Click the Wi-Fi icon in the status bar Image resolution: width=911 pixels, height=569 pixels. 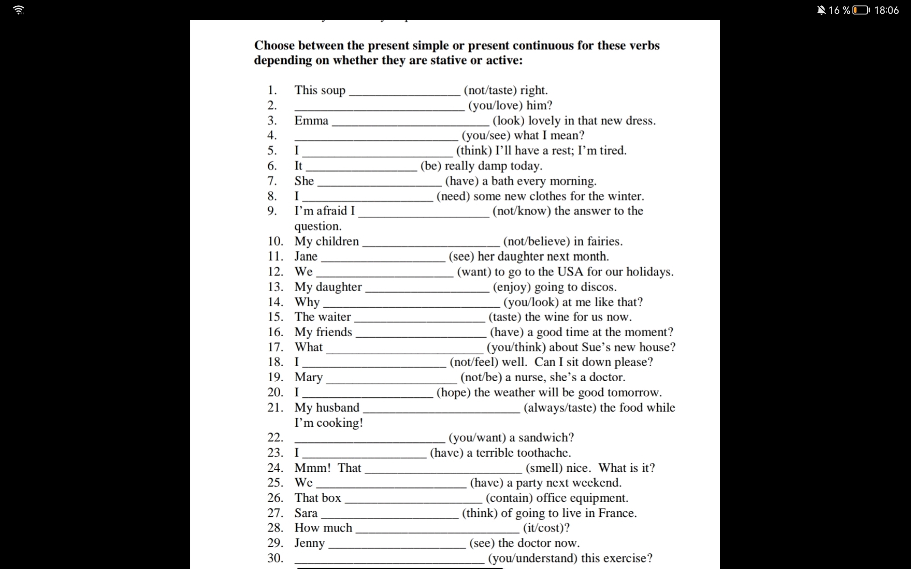[x=19, y=10]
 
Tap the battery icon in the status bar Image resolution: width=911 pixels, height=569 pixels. [x=861, y=10]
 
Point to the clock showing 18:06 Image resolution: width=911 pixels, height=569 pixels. [x=886, y=10]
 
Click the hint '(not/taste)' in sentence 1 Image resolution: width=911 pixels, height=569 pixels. [x=490, y=90]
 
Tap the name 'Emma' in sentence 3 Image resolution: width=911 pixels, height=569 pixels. [x=311, y=120]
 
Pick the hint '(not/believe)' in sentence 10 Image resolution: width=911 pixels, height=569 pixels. [x=536, y=241]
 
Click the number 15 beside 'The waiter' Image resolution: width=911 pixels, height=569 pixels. [x=275, y=317]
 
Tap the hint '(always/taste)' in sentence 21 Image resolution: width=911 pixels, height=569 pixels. [x=560, y=407]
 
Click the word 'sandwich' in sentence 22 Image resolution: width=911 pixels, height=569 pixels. [x=545, y=437]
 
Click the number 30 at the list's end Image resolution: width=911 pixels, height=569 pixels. [x=275, y=558]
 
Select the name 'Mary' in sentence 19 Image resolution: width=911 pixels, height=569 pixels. [x=308, y=377]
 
